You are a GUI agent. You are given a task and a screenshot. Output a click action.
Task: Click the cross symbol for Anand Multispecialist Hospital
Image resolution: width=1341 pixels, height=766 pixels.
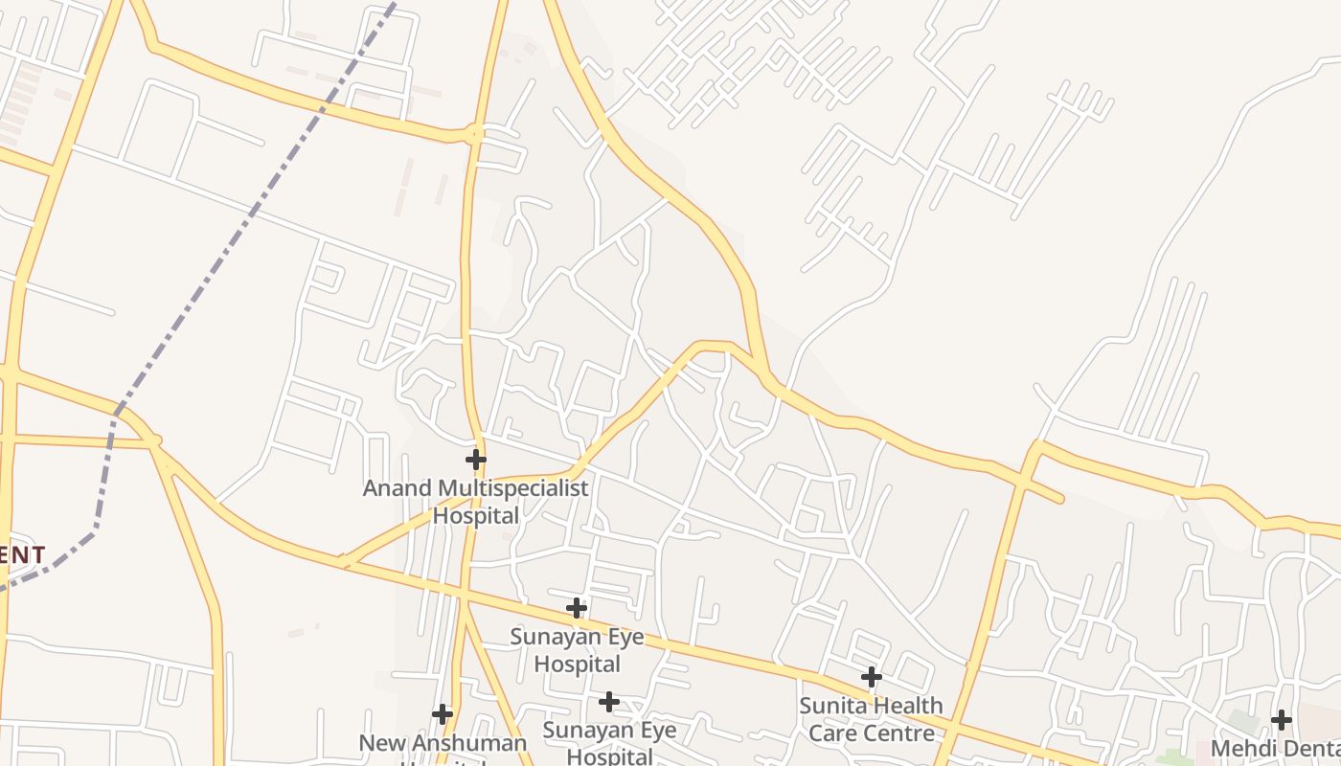click(475, 460)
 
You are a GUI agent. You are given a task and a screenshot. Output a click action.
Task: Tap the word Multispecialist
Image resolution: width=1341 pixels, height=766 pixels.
click(512, 488)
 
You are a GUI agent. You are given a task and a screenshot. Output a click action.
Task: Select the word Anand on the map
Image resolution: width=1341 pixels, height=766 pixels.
click(398, 488)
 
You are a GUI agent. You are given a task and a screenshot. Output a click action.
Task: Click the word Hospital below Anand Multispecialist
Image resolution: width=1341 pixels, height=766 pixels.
click(476, 515)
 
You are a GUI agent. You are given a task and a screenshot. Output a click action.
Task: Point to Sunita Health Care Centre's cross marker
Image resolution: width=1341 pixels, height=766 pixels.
click(871, 677)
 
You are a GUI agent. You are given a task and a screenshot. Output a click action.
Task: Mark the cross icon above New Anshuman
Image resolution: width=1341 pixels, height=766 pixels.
click(442, 713)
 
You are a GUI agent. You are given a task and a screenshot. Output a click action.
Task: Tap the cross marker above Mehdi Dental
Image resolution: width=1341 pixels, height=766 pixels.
click(1282, 719)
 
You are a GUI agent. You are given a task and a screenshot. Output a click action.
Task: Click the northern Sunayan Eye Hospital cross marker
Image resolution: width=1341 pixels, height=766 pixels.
click(576, 608)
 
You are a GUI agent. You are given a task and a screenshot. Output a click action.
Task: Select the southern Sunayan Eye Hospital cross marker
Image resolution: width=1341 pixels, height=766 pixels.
click(608, 702)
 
